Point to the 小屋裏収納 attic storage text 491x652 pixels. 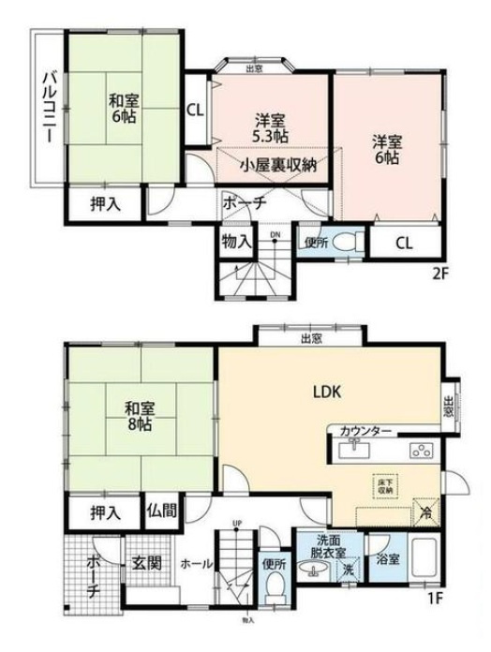pyautogui.click(x=276, y=165)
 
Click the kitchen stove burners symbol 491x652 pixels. pyautogui.click(x=418, y=452)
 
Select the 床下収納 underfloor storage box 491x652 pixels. pyautogui.click(x=382, y=484)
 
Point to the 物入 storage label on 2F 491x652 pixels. pyautogui.click(x=235, y=241)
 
